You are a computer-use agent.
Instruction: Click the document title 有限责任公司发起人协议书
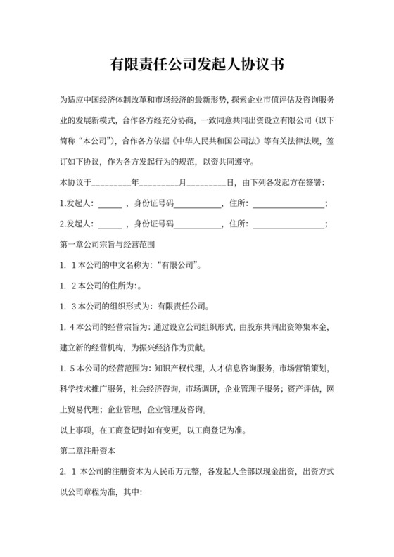click(197, 65)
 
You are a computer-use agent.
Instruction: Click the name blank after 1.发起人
click(109, 205)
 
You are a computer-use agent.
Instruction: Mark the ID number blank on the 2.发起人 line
click(197, 225)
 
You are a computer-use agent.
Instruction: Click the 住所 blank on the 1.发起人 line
click(288, 205)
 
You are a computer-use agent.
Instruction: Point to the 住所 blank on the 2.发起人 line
click(288, 225)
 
